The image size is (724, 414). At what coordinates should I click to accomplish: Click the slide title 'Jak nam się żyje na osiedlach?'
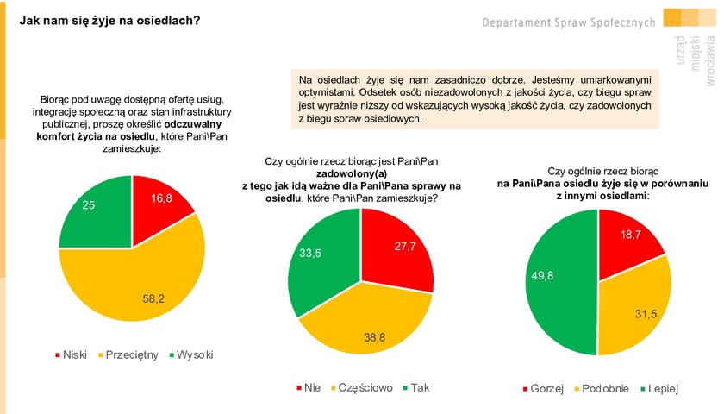pyautogui.click(x=109, y=18)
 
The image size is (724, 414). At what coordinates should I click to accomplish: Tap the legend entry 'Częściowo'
pyautogui.click(x=365, y=387)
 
